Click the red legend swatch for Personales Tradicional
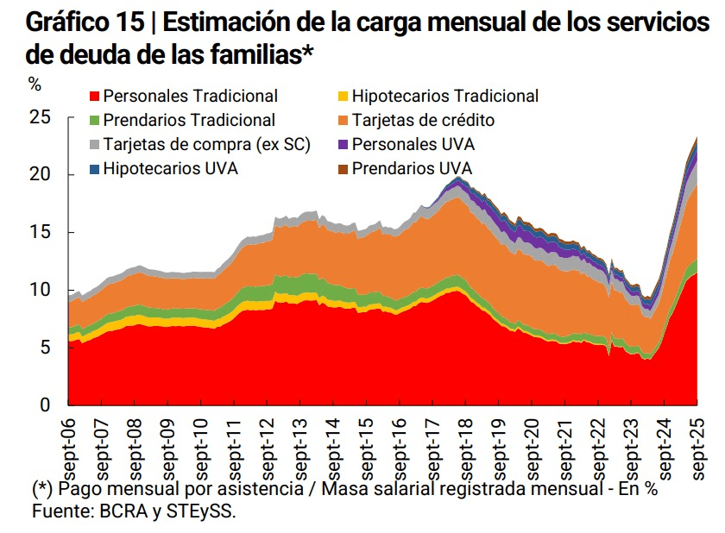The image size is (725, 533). tap(95, 97)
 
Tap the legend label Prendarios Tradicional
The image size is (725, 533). tap(189, 121)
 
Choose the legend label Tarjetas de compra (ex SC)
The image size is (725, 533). tap(206, 145)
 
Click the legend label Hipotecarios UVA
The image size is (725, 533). tap(170, 169)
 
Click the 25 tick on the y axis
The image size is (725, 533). tap(41, 118)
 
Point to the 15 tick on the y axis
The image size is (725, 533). tap(41, 233)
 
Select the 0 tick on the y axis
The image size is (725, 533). tap(46, 404)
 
